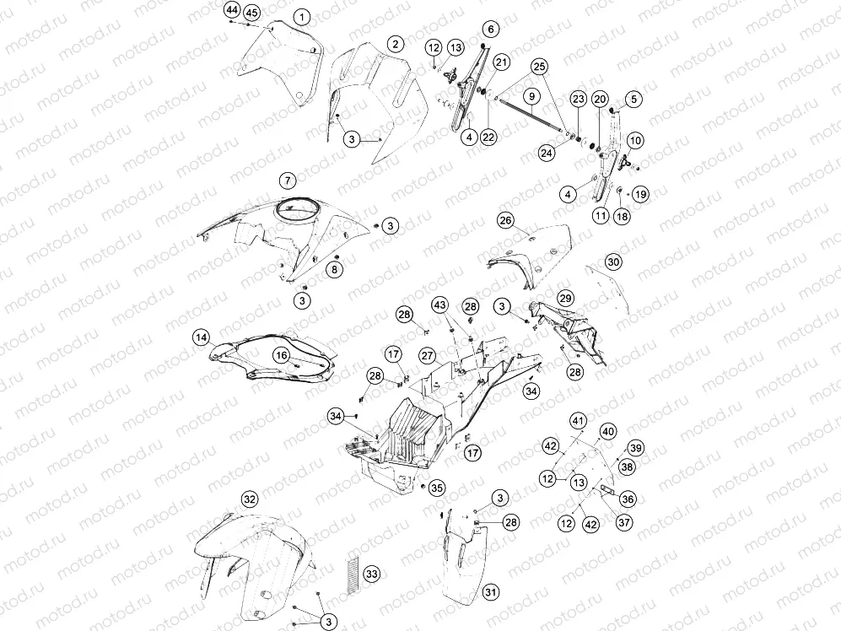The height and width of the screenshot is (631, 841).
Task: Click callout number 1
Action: [x=302, y=17]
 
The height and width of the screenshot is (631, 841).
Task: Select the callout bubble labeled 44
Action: [x=232, y=9]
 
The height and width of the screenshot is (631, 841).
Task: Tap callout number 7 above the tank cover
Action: [x=288, y=181]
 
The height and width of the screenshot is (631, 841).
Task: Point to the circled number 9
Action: [x=531, y=96]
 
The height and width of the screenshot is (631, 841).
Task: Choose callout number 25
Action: [x=539, y=67]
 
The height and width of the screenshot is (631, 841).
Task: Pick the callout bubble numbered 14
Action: [x=201, y=337]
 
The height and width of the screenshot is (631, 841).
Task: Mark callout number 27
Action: [x=427, y=356]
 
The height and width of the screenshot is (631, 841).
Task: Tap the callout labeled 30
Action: [x=613, y=262]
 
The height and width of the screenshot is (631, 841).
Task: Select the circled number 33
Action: [x=372, y=574]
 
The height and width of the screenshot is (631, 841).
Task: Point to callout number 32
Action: [x=250, y=499]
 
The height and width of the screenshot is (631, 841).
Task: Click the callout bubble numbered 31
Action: [x=490, y=592]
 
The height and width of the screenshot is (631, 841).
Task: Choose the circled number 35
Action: [x=437, y=488]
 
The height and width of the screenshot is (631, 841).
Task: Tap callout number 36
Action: [x=627, y=499]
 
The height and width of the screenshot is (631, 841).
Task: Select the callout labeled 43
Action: [x=439, y=305]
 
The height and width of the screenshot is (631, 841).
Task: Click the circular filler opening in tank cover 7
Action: [x=297, y=212]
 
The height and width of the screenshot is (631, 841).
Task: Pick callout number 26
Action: [x=505, y=220]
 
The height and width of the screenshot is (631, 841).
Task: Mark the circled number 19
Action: [x=640, y=194]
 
